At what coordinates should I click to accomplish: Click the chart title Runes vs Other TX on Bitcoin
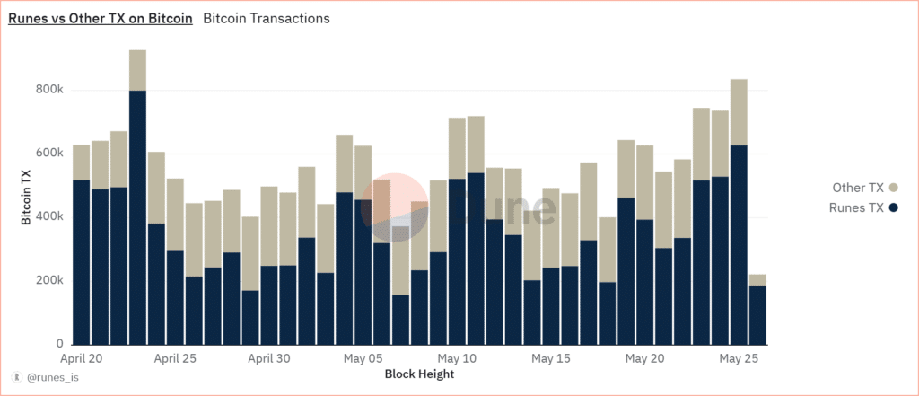point(101,18)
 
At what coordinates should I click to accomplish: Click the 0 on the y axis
point(59,344)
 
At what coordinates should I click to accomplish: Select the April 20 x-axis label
point(83,358)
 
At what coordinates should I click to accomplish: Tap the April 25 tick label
point(176,358)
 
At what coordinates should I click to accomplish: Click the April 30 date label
point(269,358)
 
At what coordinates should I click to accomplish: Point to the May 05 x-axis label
point(363,358)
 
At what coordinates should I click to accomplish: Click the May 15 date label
point(551,358)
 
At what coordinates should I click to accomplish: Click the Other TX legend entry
point(859,188)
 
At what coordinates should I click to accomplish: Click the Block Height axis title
point(419,374)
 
